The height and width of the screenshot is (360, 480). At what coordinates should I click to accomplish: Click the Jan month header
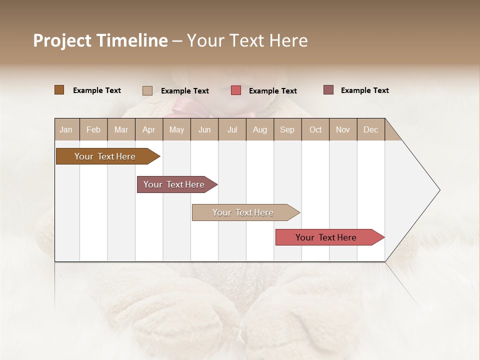tap(66, 129)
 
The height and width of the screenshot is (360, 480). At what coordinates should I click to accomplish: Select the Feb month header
tap(93, 129)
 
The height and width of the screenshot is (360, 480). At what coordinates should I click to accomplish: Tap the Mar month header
tap(121, 129)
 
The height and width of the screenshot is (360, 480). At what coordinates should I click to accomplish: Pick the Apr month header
tap(149, 129)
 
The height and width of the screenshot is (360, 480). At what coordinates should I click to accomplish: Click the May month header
tap(176, 129)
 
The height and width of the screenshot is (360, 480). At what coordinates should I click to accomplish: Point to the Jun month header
tap(204, 129)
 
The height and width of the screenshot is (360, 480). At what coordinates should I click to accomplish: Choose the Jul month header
tap(232, 129)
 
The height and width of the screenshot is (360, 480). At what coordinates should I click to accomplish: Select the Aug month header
tap(260, 129)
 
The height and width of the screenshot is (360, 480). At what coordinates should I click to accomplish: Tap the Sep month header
tap(287, 129)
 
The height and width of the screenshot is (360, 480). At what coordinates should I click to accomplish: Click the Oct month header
tap(315, 129)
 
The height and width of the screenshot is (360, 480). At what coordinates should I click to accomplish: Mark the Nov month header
tap(343, 129)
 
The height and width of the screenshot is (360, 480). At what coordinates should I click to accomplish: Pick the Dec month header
tap(370, 129)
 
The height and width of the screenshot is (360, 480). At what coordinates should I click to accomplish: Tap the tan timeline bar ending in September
tap(243, 212)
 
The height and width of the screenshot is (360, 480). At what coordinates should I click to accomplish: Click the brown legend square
tap(59, 90)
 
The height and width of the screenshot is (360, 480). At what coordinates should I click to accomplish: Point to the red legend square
tap(236, 90)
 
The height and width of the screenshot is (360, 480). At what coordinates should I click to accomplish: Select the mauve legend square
tap(328, 90)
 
